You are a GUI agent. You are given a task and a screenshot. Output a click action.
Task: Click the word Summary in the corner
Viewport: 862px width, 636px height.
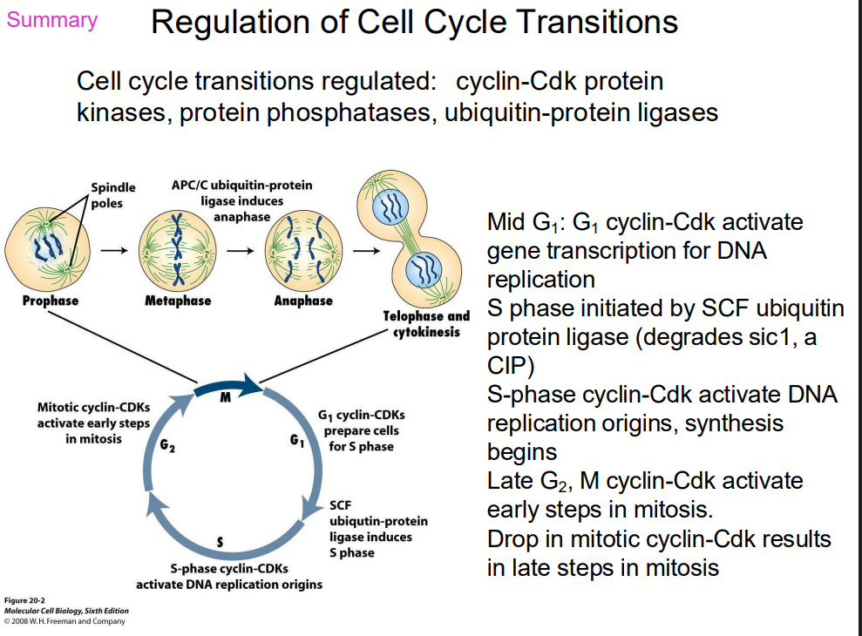[x=52, y=20]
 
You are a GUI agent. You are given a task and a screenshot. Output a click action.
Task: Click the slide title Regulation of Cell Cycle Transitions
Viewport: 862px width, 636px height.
[x=415, y=23]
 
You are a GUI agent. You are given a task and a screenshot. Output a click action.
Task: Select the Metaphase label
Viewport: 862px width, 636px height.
[x=178, y=301]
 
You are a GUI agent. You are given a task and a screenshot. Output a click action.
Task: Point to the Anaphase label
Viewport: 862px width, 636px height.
[x=303, y=301]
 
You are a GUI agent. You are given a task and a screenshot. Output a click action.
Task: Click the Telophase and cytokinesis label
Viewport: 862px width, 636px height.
[x=425, y=324]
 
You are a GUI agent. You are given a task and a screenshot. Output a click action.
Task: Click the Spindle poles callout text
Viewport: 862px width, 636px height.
[x=113, y=194]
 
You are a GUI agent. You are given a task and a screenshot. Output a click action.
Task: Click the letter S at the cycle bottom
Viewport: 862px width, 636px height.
[x=220, y=543]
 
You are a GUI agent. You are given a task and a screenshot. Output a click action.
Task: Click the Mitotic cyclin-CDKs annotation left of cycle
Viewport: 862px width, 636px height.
[x=93, y=423]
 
